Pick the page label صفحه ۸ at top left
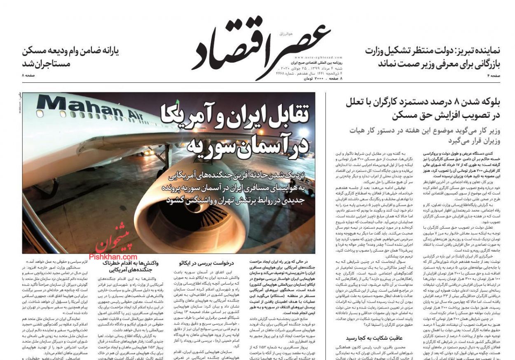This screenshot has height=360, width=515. [29, 75]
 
